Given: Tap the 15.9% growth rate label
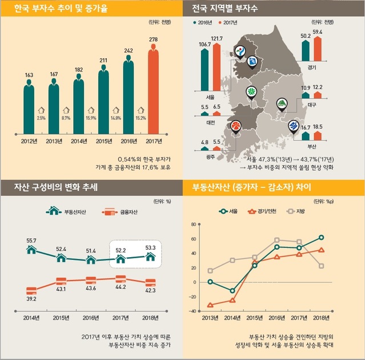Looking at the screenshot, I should coord(91,118).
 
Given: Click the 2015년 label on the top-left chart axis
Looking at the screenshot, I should coord(103,141).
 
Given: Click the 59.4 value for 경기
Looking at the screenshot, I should coord(318,32).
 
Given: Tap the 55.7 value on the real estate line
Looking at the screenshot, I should coord(31,241).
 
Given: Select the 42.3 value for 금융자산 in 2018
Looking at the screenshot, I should coord(150,290).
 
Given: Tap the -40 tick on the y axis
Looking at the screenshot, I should coord(192,311).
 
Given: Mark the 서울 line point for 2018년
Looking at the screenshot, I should coord(322,237).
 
